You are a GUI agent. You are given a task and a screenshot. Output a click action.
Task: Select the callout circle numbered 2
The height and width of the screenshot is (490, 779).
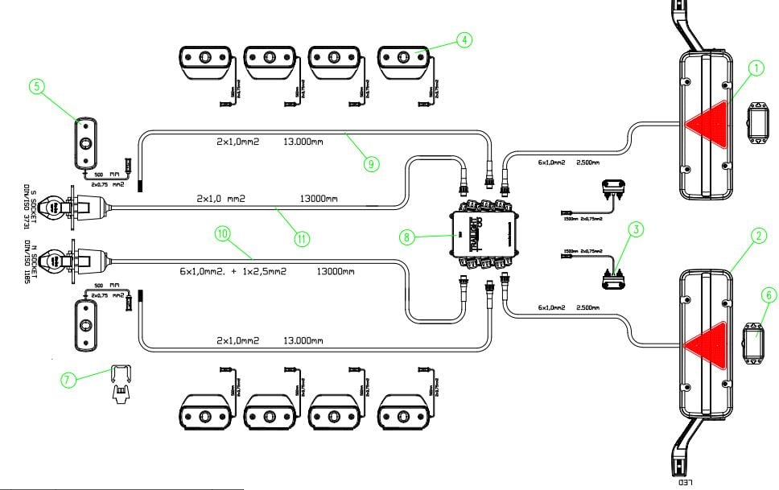(757, 236)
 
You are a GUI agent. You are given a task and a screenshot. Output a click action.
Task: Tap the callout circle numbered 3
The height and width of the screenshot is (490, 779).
(637, 229)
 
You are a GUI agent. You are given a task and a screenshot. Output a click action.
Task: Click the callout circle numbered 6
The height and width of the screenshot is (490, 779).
(769, 295)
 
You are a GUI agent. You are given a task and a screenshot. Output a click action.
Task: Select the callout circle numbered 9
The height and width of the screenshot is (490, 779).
(370, 163)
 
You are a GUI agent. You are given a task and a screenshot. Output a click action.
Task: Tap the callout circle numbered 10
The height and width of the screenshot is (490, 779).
(223, 233)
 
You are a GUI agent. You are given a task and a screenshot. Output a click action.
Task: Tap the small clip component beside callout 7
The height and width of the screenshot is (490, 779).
(120, 382)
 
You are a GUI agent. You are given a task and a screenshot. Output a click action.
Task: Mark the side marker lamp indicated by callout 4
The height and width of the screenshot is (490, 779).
(403, 62)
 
